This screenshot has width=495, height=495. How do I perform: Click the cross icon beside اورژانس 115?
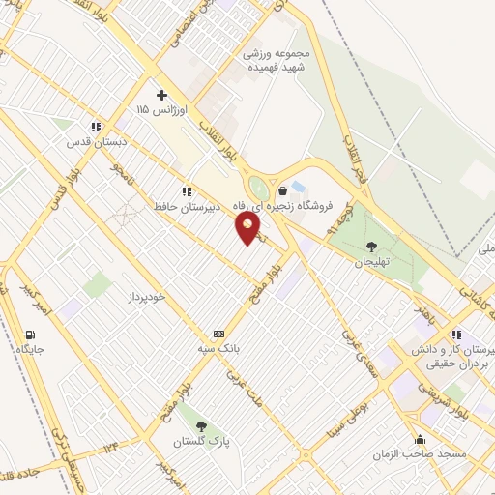click(x=162, y=95)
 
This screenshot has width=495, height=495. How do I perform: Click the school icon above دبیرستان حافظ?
click(x=185, y=190)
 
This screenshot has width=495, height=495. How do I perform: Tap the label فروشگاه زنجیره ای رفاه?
click(x=294, y=205)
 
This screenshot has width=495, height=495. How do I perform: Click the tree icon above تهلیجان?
click(x=374, y=246)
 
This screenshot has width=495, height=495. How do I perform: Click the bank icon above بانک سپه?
click(x=218, y=332)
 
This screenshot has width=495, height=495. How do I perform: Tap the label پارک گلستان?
click(x=201, y=441)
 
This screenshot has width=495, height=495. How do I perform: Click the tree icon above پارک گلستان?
click(x=201, y=425)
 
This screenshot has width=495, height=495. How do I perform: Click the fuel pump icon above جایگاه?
click(x=30, y=335)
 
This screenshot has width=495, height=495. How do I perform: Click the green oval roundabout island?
click(x=259, y=188)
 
